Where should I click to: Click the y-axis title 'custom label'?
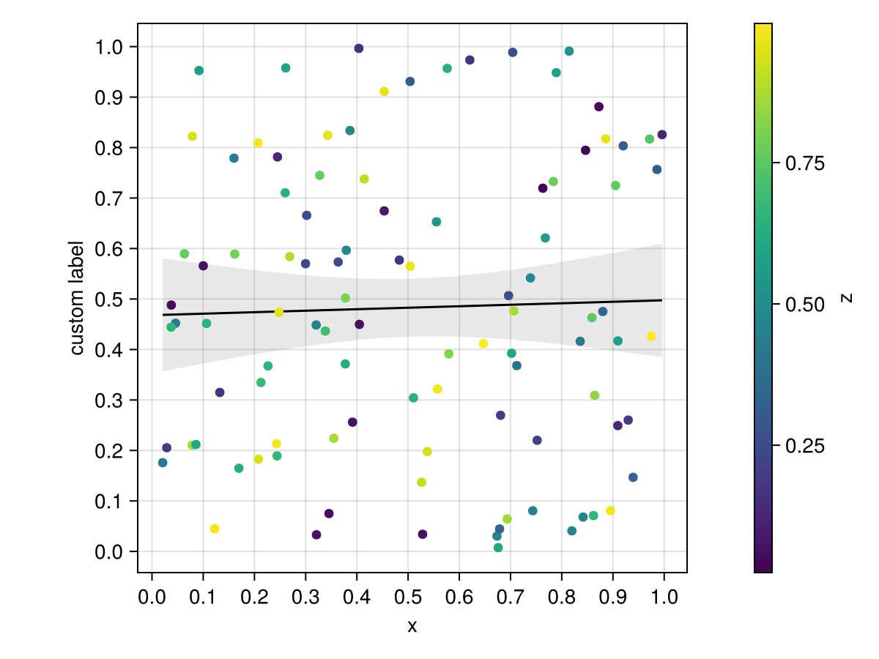pyautogui.click(x=77, y=298)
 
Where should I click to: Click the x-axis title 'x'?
pyautogui.click(x=412, y=626)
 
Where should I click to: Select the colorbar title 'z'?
pyautogui.click(x=847, y=298)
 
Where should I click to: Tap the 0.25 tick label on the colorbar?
pyautogui.click(x=805, y=446)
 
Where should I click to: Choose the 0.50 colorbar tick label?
pyautogui.click(x=805, y=305)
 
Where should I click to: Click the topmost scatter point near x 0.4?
pyautogui.click(x=359, y=48)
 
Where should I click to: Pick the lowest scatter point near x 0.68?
pyautogui.click(x=498, y=548)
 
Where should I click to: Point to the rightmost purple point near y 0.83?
pyautogui.click(x=662, y=135)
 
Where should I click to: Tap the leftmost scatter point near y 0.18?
pyautogui.click(x=163, y=463)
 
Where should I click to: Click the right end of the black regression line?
pyautogui.click(x=661, y=300)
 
